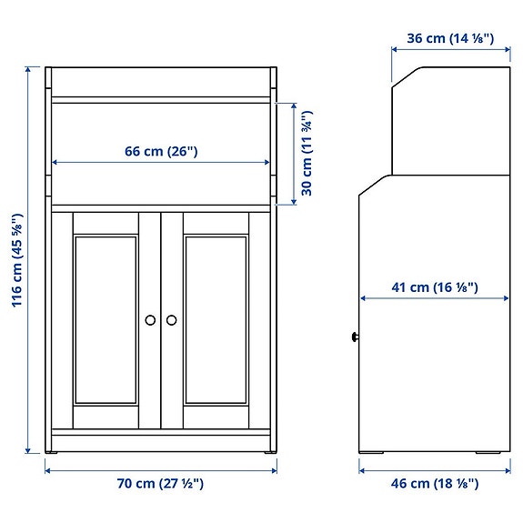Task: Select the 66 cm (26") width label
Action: (x=161, y=151)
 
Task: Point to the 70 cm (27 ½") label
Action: (x=161, y=484)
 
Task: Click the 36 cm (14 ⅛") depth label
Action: (x=449, y=38)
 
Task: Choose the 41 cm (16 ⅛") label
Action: (x=435, y=287)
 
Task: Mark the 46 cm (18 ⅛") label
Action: (x=435, y=484)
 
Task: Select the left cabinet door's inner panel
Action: (x=106, y=318)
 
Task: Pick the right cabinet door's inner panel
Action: (x=216, y=318)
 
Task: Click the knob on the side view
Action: (x=354, y=337)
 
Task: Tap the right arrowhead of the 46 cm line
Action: (x=508, y=469)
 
